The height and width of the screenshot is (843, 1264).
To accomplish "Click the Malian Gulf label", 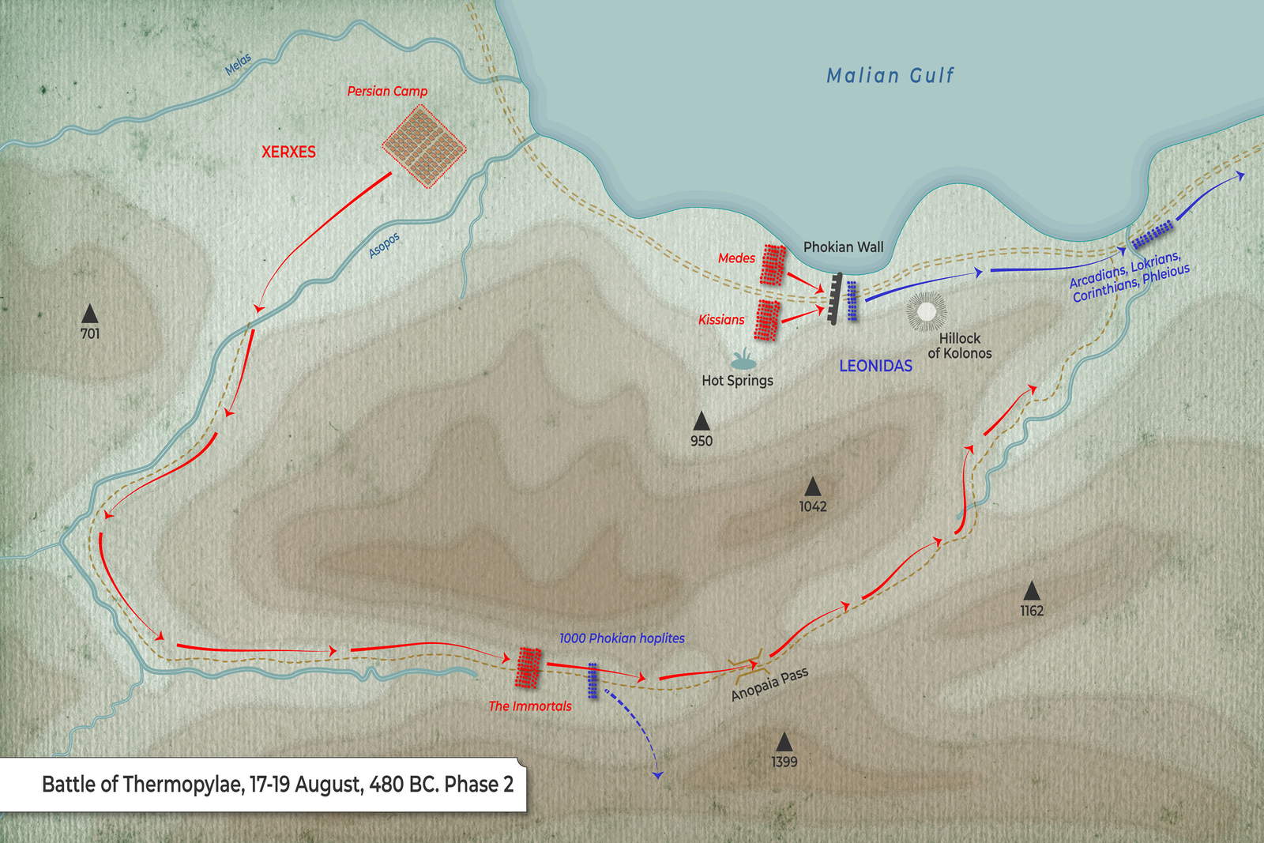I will tap(890, 76).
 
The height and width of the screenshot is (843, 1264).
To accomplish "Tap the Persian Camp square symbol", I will tap(424, 147).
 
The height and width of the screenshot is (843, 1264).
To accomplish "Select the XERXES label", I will tap(288, 152).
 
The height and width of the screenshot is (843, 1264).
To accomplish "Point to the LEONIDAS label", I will tap(875, 366).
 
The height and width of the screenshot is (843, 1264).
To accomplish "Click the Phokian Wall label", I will tap(843, 247).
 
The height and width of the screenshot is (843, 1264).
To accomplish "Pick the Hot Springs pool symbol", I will tap(742, 361).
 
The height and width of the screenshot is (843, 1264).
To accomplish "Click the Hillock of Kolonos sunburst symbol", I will tap(926, 312).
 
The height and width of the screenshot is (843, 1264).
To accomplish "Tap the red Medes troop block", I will tap(773, 265).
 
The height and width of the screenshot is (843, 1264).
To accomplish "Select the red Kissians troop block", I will tap(766, 319).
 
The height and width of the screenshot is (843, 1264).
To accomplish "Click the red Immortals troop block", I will tap(529, 668).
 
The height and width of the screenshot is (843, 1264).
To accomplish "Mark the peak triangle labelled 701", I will tap(90, 314).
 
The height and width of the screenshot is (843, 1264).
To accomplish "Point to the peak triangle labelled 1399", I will tap(784, 742).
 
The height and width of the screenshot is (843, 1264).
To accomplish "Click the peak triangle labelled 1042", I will tap(812, 487).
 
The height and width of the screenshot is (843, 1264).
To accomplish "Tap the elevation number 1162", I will tap(1032, 611).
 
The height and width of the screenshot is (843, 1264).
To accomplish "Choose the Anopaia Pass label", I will tap(769, 684).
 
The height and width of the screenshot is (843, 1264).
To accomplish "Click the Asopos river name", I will tap(385, 246).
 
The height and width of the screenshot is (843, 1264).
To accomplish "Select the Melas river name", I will tap(238, 64).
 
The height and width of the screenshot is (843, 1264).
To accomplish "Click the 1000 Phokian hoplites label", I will tap(622, 638).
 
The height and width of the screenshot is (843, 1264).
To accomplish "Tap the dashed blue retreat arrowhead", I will tap(657, 776).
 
